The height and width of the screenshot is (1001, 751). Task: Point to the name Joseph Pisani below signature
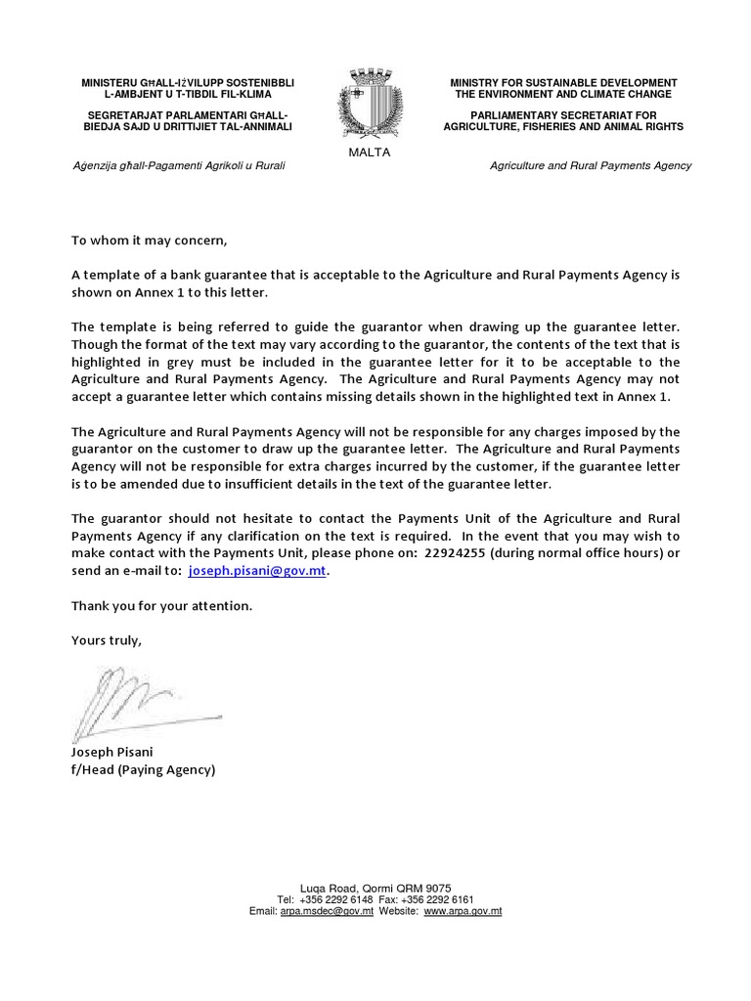[x=112, y=753]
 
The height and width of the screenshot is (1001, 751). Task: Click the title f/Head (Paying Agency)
[x=142, y=770]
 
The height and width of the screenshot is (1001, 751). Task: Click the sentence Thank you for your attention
[x=161, y=606]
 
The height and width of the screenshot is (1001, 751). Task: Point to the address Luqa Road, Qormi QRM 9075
[x=375, y=888]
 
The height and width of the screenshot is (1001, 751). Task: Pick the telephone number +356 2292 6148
[x=336, y=899]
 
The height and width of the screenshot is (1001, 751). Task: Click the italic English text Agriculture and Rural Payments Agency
[x=590, y=166]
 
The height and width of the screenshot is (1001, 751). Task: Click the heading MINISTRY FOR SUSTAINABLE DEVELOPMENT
[x=563, y=83]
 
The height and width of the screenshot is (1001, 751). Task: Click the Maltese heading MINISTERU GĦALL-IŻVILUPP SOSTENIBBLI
[x=187, y=83]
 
